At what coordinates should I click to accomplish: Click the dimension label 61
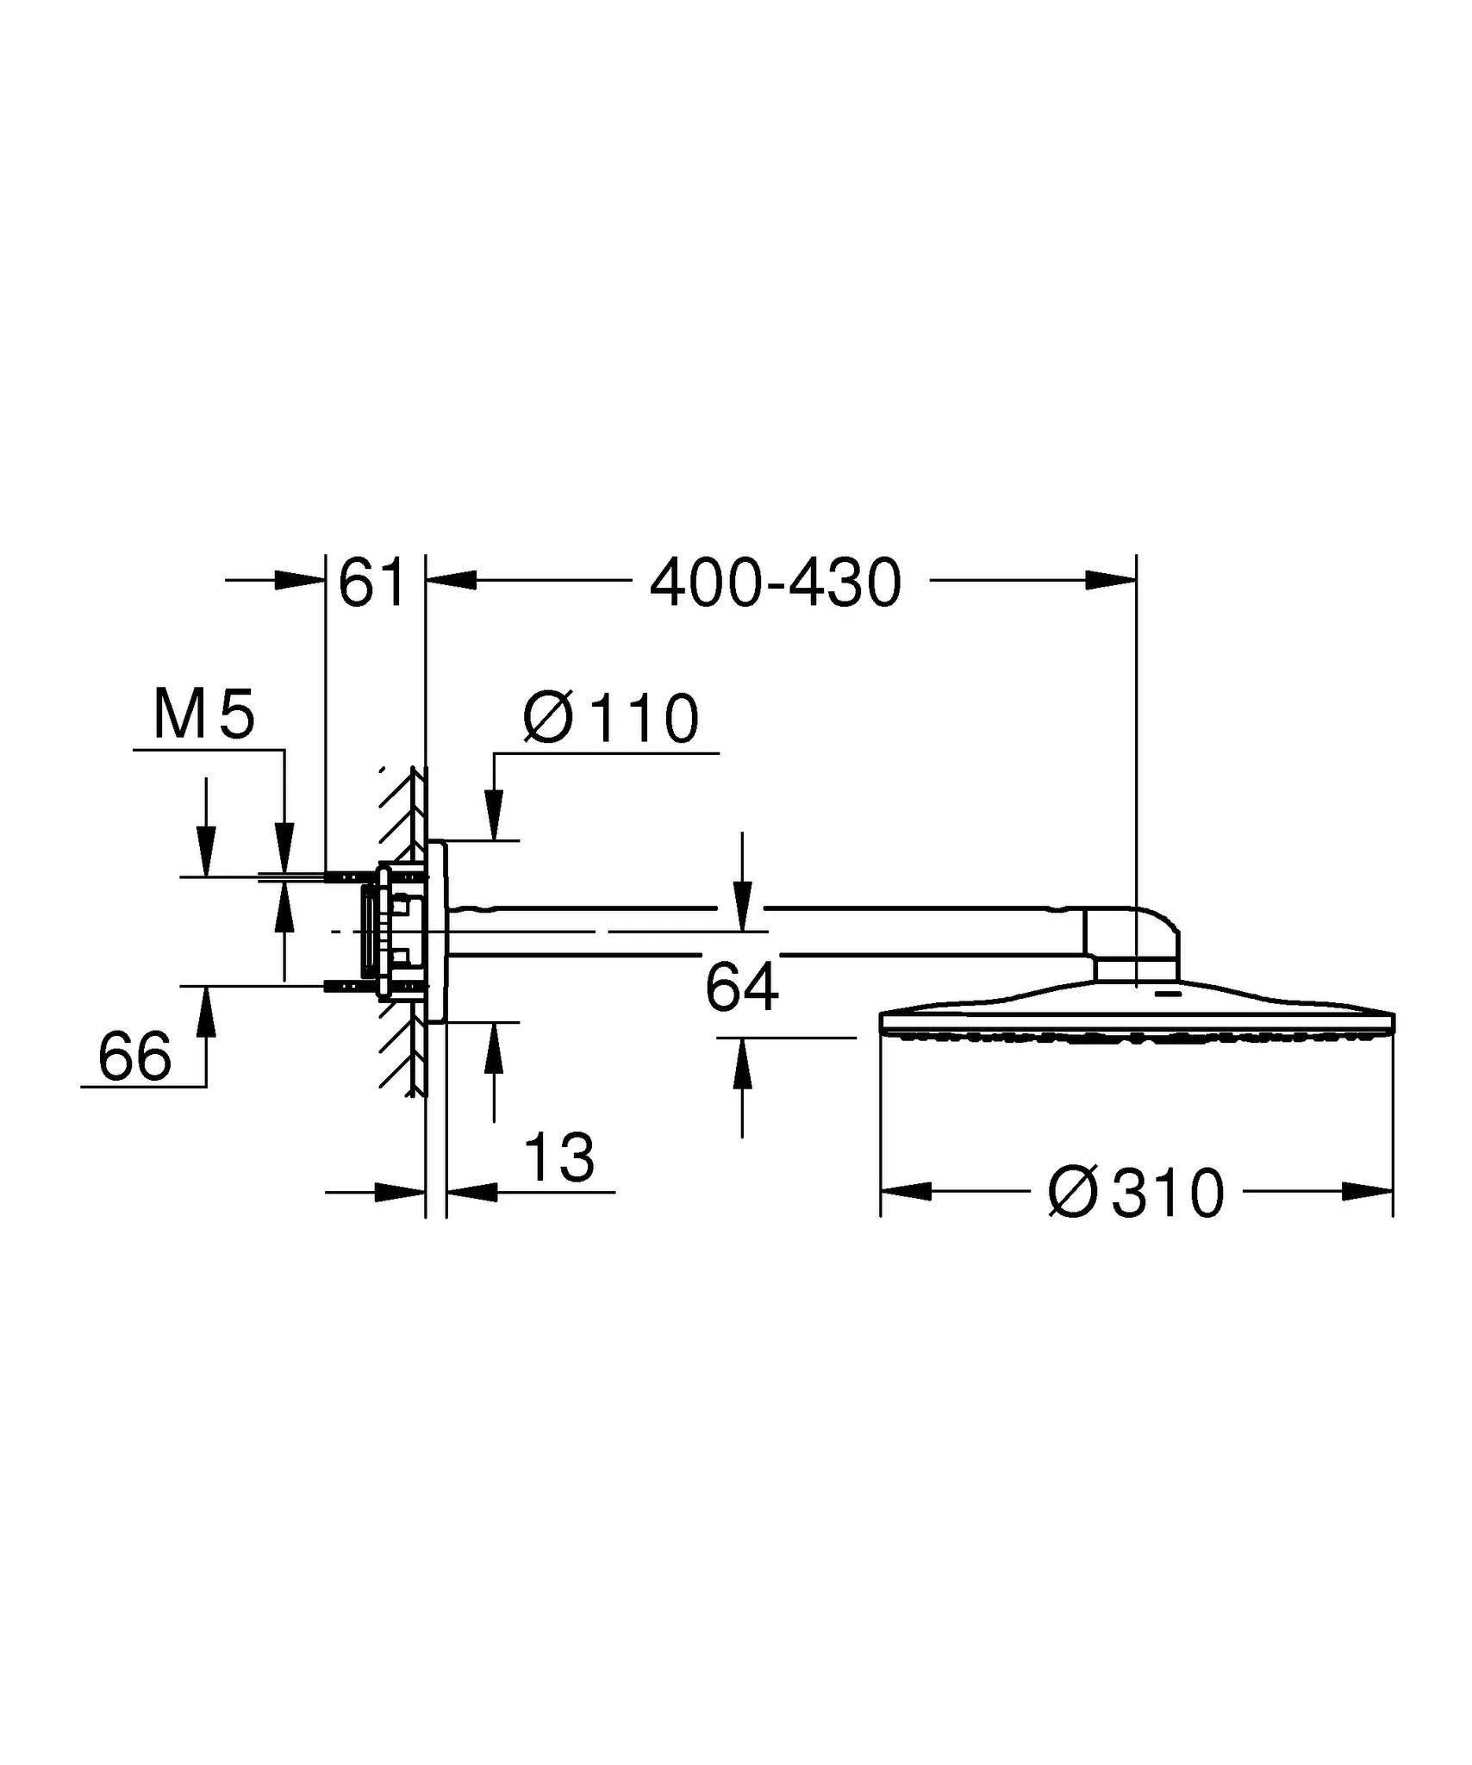point(371,583)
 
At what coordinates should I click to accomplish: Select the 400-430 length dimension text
point(775,584)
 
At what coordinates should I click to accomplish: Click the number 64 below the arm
point(741,988)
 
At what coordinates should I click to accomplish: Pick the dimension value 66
point(134,1057)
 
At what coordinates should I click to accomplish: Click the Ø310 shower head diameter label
point(1136,1194)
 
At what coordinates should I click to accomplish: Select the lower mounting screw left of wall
point(345,985)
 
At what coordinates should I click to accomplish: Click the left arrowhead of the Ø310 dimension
point(905,1192)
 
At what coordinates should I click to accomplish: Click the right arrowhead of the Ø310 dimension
point(1368,1192)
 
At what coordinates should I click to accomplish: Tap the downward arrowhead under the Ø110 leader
point(494,815)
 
